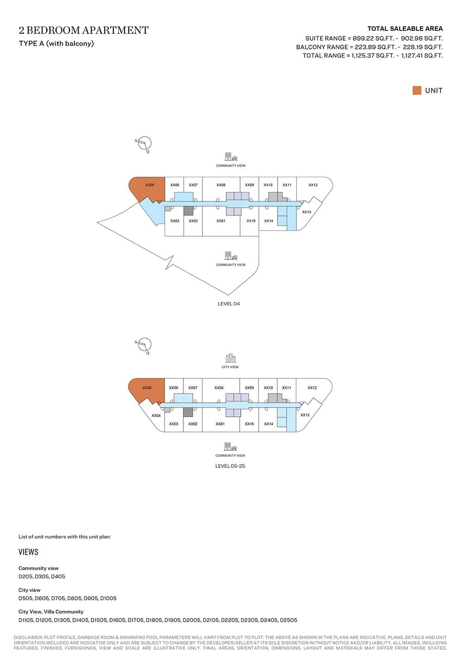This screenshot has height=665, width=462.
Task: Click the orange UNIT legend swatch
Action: pyautogui.click(x=417, y=90)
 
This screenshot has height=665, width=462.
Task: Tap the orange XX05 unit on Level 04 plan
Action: pyautogui.click(x=148, y=189)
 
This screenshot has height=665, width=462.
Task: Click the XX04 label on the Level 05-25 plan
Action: pyautogui.click(x=156, y=415)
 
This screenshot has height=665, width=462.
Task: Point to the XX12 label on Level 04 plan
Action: pyautogui.click(x=313, y=185)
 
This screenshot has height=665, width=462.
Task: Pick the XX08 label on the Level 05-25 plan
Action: pyautogui.click(x=219, y=388)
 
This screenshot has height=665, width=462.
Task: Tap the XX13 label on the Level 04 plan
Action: pyautogui.click(x=306, y=212)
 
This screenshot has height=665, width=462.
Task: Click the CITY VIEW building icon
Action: pyautogui.click(x=230, y=358)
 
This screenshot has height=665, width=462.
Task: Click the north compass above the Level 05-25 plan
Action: pyautogui.click(x=144, y=346)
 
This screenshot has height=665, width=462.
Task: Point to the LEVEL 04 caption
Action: pyautogui.click(x=229, y=304)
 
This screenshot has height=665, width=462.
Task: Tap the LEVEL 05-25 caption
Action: pyautogui.click(x=230, y=466)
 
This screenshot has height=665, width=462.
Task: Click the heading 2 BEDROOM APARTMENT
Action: pyautogui.click(x=84, y=30)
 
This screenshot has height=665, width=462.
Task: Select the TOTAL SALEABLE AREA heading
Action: pyautogui.click(x=405, y=29)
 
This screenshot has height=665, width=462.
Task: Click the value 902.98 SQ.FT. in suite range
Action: pyautogui.click(x=422, y=39)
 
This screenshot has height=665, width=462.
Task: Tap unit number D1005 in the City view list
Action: pyautogui.click(x=108, y=599)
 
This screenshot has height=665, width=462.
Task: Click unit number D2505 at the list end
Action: pyautogui.click(x=288, y=620)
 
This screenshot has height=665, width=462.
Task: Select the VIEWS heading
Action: pyautogui.click(x=29, y=552)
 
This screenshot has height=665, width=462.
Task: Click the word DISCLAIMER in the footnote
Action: pyautogui.click(x=28, y=637)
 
